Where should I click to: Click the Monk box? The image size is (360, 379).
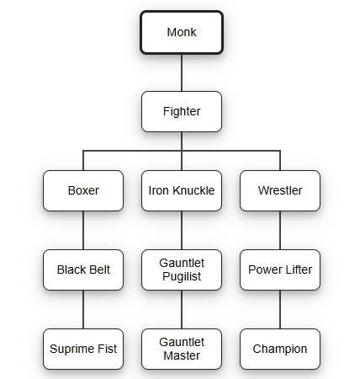[x=182, y=32]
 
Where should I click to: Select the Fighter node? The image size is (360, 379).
[x=182, y=111]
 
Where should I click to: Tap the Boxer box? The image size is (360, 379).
[x=83, y=190]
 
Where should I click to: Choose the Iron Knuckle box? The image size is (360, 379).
[x=182, y=190]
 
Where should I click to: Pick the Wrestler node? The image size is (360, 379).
[x=280, y=190]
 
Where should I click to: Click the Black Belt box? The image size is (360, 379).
[x=83, y=270]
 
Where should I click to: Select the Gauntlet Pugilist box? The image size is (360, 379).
[x=182, y=270]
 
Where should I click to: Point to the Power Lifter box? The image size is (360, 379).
[x=280, y=270]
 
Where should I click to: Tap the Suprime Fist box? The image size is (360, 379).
[x=83, y=349]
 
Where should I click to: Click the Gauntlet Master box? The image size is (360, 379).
[x=182, y=349]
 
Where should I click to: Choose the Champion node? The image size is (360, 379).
[x=280, y=349]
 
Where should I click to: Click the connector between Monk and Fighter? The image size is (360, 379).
[x=182, y=72]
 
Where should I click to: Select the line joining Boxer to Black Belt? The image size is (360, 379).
[x=83, y=230]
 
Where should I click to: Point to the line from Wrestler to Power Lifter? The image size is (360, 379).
[x=280, y=230]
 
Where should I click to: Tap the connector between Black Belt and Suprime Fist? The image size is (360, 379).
[x=83, y=309]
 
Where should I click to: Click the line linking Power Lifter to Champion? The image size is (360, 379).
[x=280, y=309]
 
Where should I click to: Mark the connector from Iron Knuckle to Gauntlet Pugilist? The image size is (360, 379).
[x=182, y=230]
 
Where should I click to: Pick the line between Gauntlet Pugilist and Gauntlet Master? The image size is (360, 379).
[x=182, y=309]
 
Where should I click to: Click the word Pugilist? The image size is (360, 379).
[x=182, y=276]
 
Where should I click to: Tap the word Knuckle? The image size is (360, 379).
[x=193, y=190]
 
